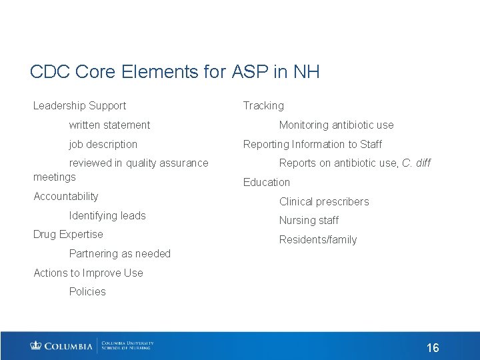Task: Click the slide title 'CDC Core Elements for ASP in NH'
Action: pos(175,72)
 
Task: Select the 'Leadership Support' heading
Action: pos(79,105)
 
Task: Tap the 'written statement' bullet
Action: pos(109,125)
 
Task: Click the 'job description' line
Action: pos(103,144)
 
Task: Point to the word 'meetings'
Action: pos(55,177)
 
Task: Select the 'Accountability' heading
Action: pos(65,196)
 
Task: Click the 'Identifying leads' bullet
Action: pos(107,215)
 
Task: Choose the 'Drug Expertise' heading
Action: pos(68,234)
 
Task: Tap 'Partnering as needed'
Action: pos(120,253)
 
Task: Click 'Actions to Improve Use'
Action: pos(88,273)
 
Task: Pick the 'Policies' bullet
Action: pos(87,291)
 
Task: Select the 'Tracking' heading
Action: pos(263,105)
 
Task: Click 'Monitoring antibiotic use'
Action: pos(336,125)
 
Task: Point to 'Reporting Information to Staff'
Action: pos(312,144)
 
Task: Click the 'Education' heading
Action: pos(267,182)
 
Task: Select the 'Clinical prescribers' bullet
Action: pos(323,201)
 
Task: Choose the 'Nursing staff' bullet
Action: pos(309,220)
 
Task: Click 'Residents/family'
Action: pos(318,239)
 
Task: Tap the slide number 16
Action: pos(433,348)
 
